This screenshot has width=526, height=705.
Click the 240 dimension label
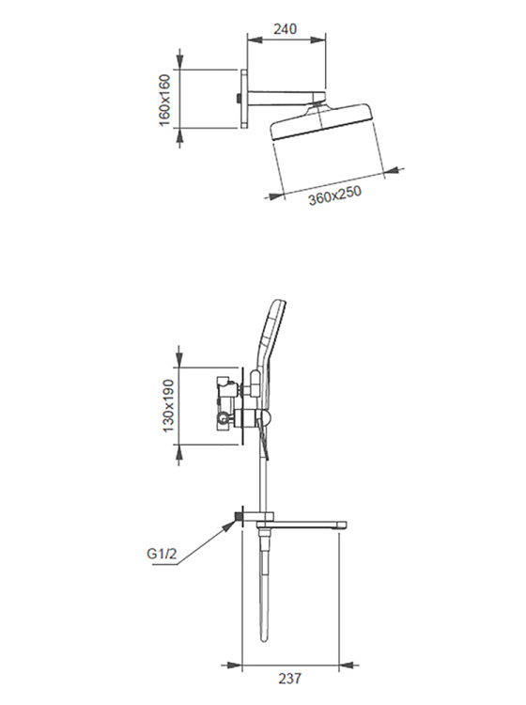tap(286, 29)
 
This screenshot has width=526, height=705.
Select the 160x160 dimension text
tap(165, 100)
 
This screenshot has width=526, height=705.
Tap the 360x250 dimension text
tap(334, 196)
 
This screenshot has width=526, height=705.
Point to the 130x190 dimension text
tap(168, 405)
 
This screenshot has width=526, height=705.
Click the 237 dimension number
tap(289, 678)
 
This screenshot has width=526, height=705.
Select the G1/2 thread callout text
tap(162, 553)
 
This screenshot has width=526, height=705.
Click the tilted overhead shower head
tap(321, 121)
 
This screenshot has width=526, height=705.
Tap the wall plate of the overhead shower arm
tap(243, 99)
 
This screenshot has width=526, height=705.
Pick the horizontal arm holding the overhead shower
tap(286, 98)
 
